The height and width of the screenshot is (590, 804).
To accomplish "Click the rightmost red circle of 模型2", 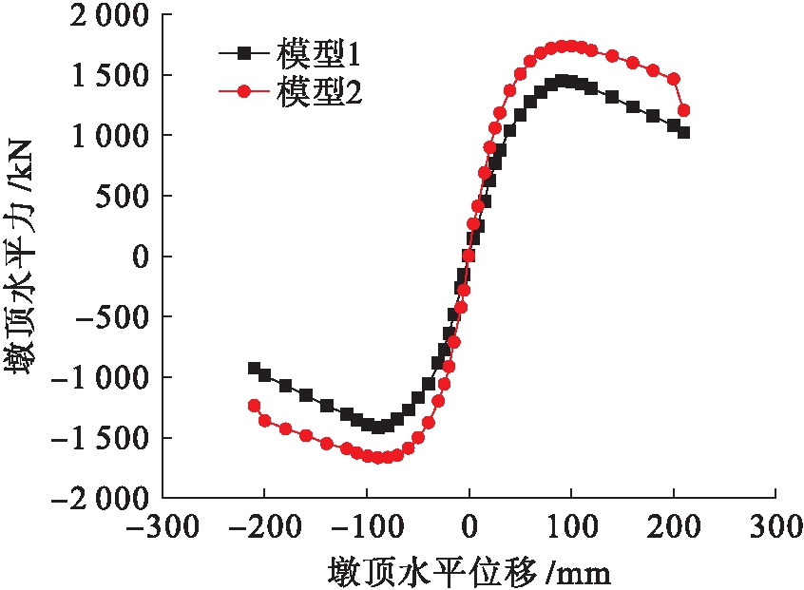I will pyautogui.click(x=683, y=110).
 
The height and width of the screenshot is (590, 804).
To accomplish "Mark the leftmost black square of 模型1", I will pyautogui.click(x=254, y=369).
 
